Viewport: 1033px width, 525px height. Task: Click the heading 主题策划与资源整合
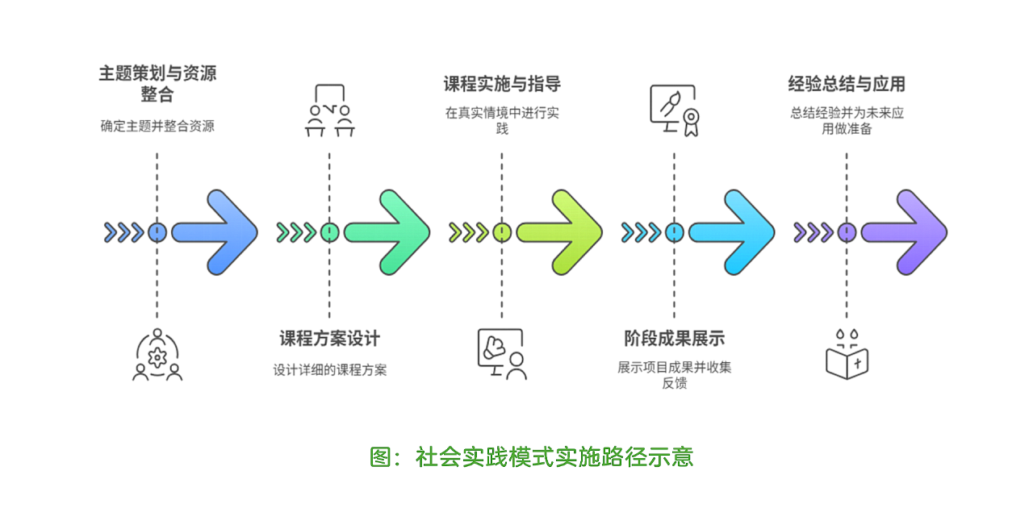pos(157,84)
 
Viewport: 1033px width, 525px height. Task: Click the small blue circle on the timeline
pos(157,233)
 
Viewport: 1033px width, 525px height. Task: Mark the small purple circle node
pos(846,233)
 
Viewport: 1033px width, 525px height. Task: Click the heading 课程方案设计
pos(329,339)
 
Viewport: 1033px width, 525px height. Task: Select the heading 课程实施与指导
pos(502,84)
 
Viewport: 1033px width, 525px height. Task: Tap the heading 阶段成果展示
pos(674,339)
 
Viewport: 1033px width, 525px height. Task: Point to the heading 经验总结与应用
pos(847,84)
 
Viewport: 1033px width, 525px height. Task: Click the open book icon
pos(847,355)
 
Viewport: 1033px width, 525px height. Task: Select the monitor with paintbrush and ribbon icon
pos(673,111)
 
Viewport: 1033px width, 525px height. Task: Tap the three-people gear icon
pos(157,355)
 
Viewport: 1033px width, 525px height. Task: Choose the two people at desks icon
pos(329,111)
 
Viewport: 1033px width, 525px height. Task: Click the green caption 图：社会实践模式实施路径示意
pos(531,457)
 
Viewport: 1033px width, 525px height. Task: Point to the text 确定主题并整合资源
pos(157,126)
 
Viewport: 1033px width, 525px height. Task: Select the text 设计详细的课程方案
pos(329,370)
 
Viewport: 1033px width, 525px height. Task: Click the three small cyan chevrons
pos(641,233)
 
